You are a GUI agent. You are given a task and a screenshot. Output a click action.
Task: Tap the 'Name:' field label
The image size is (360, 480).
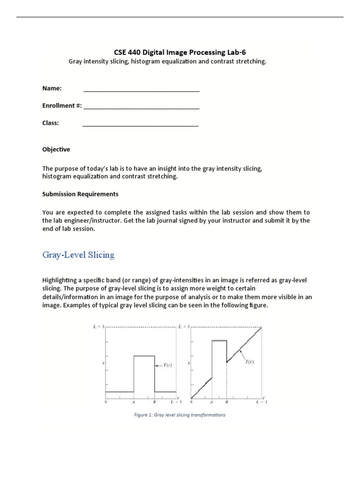point(52,88)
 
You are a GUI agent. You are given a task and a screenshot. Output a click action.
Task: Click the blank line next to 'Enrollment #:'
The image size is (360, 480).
point(141,108)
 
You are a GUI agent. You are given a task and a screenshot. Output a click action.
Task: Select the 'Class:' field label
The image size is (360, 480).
point(51,123)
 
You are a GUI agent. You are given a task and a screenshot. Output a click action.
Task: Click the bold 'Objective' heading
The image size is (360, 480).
point(56,150)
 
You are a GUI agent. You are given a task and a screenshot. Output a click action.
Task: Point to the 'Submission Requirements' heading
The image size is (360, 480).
point(80,194)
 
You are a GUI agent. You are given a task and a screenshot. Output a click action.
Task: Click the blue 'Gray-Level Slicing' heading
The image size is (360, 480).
point(78,255)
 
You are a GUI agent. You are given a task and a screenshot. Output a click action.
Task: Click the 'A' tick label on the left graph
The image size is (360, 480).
point(134,402)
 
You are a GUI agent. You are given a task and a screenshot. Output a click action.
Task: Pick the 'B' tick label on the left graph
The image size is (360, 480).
point(154,402)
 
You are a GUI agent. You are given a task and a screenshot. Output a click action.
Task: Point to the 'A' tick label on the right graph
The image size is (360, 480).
point(211,402)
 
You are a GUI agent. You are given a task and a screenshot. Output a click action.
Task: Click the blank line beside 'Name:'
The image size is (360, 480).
point(141,90)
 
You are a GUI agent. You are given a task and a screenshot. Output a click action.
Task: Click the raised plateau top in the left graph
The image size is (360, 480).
point(144,356)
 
